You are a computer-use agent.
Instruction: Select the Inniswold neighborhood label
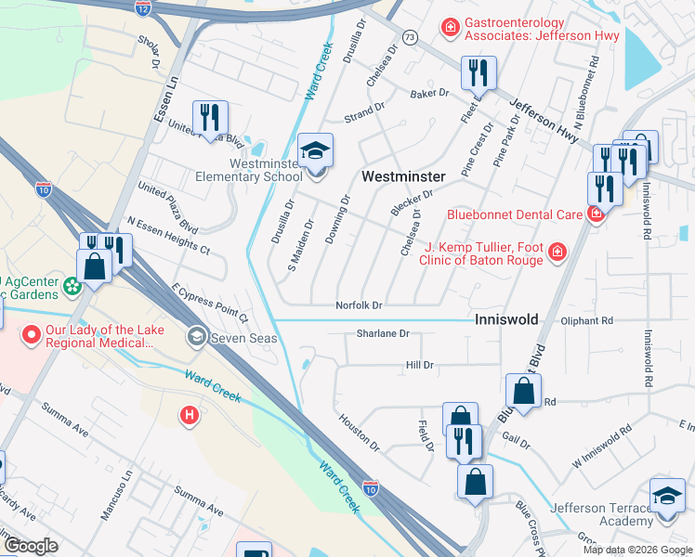coord(506,318)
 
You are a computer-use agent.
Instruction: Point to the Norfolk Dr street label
coord(360,305)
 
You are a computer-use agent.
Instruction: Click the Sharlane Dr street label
coord(382,333)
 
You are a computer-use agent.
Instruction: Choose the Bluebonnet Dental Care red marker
coord(596,214)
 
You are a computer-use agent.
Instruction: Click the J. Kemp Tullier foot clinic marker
coord(557,252)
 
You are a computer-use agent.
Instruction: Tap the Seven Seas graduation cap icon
coord(196,336)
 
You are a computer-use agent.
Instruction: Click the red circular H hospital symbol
coord(190,414)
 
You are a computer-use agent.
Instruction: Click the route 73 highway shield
coord(409,36)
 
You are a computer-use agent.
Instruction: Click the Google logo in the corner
coord(29,546)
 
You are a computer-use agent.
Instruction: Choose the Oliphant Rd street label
coord(587,320)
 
